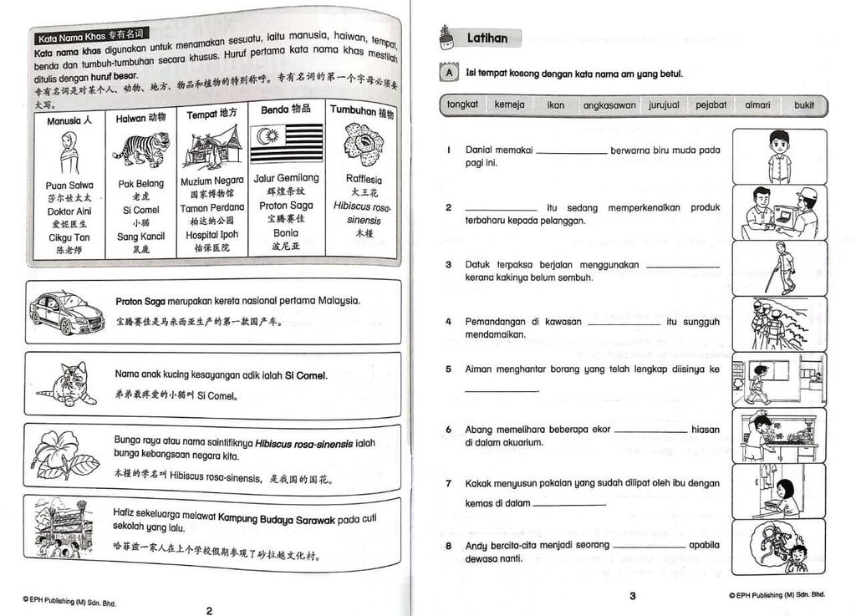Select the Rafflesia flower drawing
pos(363,145)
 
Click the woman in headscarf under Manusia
pos(69,153)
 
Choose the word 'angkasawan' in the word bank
pos(609,106)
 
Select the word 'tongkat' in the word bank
pos(462,104)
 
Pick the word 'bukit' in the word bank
pos(803,105)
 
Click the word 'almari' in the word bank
pos(757,105)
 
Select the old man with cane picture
pos(779,268)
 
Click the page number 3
pos(633,596)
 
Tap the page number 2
pos(209,610)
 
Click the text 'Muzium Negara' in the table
pos(211,181)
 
